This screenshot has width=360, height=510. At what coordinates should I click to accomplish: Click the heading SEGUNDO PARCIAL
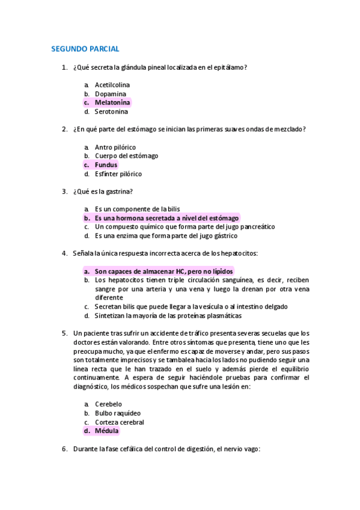coord(85,49)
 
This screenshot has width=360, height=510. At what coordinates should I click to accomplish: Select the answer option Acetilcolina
coord(112,85)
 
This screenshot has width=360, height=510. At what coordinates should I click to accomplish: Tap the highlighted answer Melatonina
coord(112,103)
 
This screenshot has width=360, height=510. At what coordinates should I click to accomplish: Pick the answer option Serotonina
coord(111,111)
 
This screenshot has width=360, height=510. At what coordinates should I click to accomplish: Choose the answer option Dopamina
coord(111,94)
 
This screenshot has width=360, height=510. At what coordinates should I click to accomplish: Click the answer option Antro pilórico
coord(115,147)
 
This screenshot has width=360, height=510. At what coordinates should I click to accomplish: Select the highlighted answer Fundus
coord(106,165)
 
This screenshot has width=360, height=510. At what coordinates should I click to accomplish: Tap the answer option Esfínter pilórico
coord(118,174)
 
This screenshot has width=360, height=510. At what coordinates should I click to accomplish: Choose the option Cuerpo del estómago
coord(126,156)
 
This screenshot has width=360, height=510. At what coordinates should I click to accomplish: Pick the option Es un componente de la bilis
coord(137,209)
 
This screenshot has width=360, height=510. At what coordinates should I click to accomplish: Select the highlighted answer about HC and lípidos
coord(163,271)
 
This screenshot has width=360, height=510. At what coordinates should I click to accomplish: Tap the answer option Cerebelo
coord(108,404)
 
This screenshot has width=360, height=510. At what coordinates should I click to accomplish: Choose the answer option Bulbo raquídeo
coord(118,413)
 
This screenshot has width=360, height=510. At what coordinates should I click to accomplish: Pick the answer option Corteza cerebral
coord(119,422)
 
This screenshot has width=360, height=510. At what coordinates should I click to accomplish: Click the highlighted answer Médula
coord(106,431)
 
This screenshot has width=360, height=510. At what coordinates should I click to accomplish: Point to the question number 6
coord(64,449)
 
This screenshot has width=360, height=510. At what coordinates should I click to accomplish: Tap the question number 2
coord(64,129)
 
